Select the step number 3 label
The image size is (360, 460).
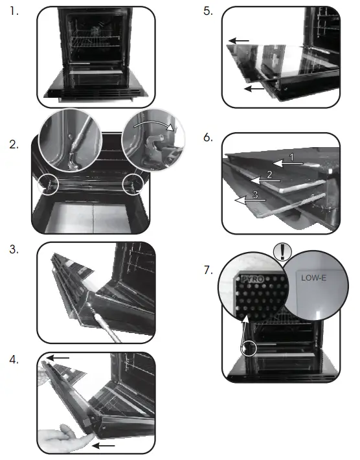click(x=14, y=249)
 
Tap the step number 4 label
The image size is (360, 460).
click(x=14, y=358)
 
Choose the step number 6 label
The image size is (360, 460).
click(x=208, y=139)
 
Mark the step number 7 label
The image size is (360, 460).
click(x=208, y=269)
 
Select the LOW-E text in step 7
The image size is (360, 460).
click(x=313, y=277)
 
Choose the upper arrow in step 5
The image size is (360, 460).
click(x=238, y=41)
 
